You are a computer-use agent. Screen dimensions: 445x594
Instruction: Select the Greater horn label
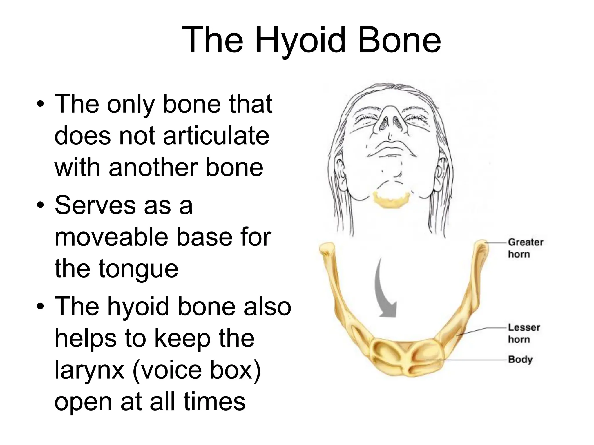tap(525, 248)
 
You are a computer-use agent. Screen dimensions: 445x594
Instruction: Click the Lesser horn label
tap(524, 333)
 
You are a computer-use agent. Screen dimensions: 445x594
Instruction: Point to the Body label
tap(520, 360)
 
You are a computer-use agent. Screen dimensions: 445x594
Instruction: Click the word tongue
tap(138, 268)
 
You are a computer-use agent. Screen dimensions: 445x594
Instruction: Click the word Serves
tap(96, 205)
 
